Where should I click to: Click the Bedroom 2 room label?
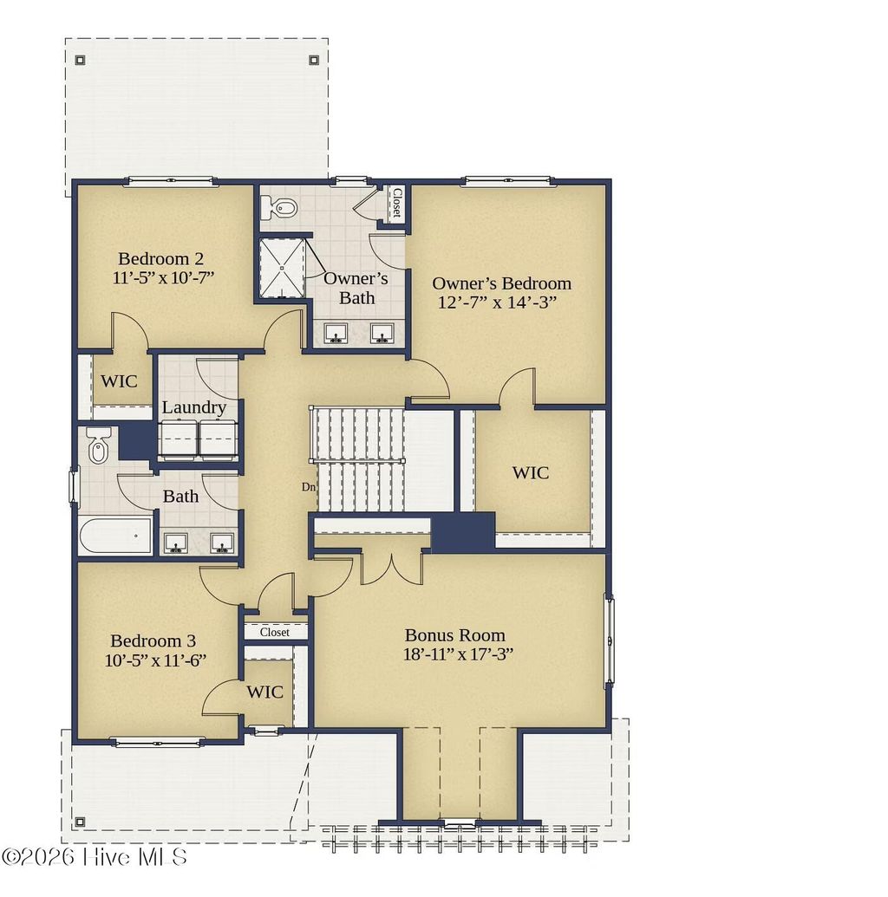click(x=160, y=259)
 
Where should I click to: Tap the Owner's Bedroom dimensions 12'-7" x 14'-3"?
click(x=497, y=302)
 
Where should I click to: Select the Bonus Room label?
click(x=455, y=635)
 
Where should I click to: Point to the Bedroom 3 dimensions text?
click(x=155, y=660)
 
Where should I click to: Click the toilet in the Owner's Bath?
click(x=277, y=207)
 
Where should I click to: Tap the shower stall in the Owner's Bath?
click(x=281, y=268)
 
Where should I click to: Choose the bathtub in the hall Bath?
click(x=116, y=536)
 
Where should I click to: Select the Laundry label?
click(x=194, y=407)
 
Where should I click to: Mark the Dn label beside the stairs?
click(x=309, y=487)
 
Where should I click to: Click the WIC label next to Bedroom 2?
click(x=119, y=381)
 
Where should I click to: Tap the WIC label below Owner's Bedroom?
click(x=530, y=473)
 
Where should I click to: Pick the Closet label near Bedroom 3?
click(x=275, y=632)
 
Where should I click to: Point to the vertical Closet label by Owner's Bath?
click(x=396, y=203)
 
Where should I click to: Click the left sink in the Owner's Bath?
click(x=336, y=333)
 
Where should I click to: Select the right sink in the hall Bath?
click(x=222, y=543)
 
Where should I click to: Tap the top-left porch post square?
click(x=80, y=60)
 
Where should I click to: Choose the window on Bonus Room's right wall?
click(x=610, y=640)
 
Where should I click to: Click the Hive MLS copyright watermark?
click(x=95, y=856)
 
